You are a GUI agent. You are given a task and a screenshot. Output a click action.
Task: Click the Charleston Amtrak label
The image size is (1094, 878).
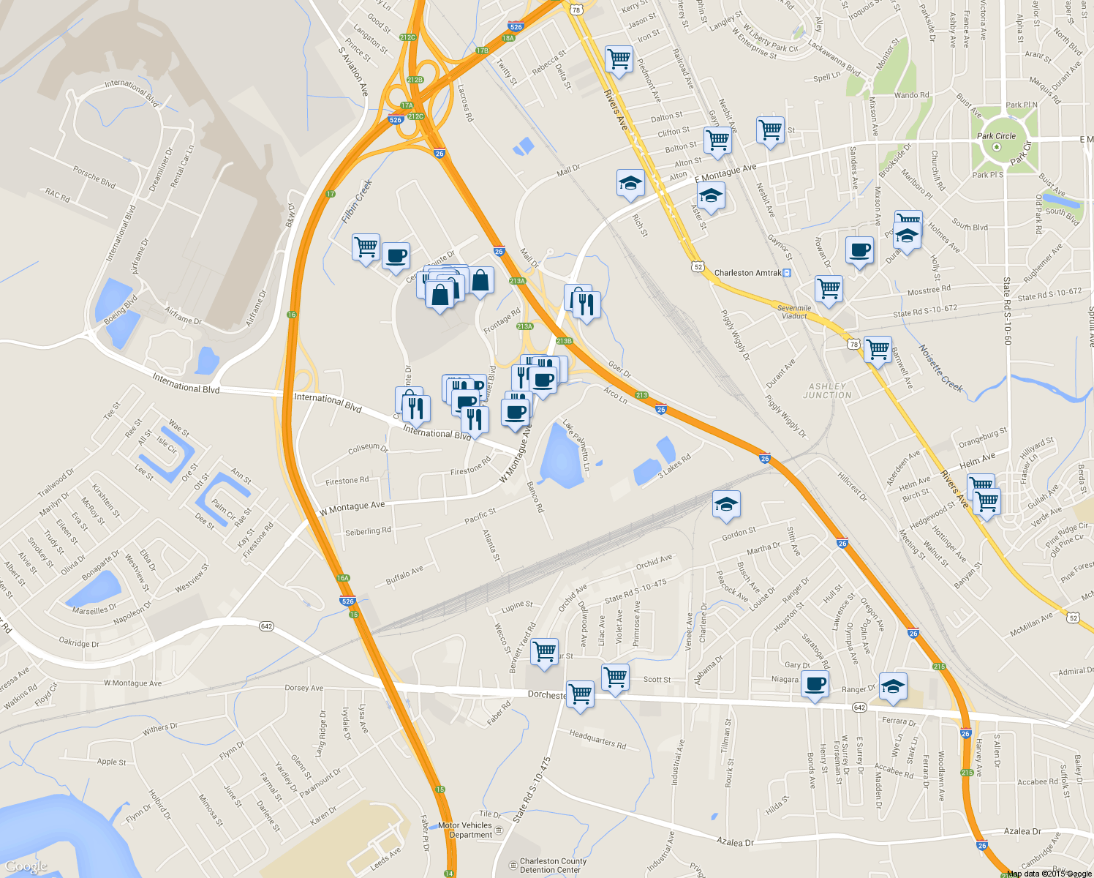pos(747,273)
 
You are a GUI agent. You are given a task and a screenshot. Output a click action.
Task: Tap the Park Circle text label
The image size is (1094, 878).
pos(996,136)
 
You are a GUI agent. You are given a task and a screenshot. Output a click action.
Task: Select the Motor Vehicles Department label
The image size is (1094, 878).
pos(466,830)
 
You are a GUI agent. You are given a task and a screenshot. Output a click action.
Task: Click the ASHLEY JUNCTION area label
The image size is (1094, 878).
pos(827,391)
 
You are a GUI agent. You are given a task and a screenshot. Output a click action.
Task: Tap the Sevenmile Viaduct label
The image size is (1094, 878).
pos(794,312)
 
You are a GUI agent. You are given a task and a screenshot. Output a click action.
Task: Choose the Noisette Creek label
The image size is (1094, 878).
pos(940,369)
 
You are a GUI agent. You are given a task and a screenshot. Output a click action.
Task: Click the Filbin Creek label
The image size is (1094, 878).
pos(357,201)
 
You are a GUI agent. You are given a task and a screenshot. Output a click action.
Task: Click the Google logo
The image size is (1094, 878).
pos(26,867)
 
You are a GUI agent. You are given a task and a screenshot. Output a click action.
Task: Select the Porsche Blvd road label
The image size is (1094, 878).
pos(94,177)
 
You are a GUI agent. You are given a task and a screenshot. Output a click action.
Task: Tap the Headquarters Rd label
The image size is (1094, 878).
pos(597,740)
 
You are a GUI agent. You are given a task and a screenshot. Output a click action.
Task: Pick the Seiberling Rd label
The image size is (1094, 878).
pos(368,531)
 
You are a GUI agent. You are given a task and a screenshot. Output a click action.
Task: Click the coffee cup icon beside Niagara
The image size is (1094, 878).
pos(815,685)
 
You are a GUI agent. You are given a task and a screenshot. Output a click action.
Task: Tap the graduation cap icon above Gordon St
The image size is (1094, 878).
pos(726,504)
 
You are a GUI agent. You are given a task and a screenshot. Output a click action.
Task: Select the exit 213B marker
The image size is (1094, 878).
pos(564,341)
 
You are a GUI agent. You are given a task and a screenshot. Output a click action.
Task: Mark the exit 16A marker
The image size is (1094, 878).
pos(343,578)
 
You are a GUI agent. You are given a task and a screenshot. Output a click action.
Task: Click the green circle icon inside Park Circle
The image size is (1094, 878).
pos(996,147)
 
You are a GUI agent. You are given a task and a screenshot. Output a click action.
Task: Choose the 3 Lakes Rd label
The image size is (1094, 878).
pos(674,466)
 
